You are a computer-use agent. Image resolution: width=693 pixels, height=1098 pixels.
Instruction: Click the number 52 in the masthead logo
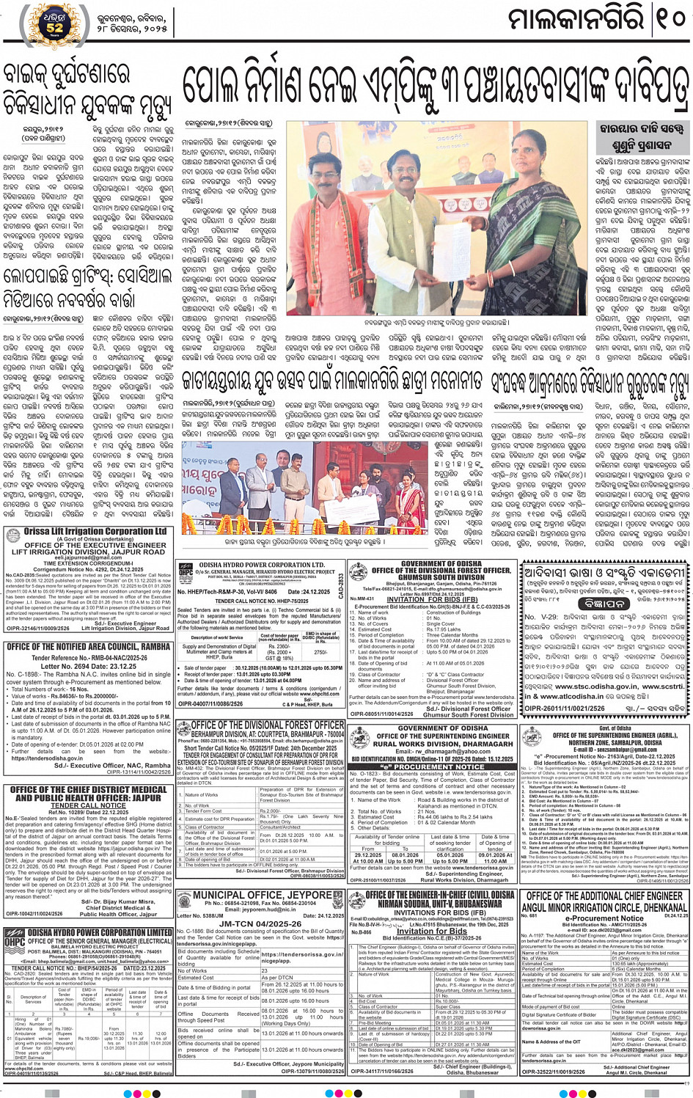coord(54,28)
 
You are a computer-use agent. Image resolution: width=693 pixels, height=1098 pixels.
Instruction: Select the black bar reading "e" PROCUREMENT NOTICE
coord(433,766)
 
